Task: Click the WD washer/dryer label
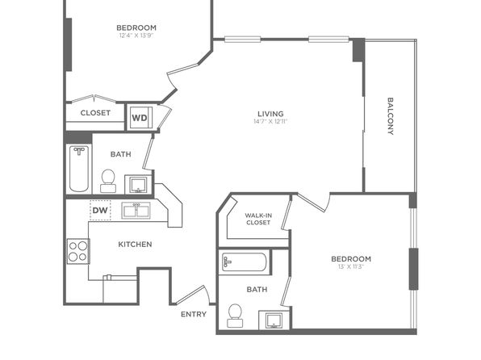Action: click(x=140, y=118)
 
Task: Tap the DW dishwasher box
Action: click(x=100, y=210)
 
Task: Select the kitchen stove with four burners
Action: click(x=78, y=251)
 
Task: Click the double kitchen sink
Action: click(x=136, y=211)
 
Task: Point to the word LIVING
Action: click(x=270, y=114)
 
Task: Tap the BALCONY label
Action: click(x=390, y=116)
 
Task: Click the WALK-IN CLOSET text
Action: click(x=258, y=219)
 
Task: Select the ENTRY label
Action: click(x=194, y=314)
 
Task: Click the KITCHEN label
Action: click(x=135, y=245)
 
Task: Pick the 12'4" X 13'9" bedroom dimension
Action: click(x=136, y=36)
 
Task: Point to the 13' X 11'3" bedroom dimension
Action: click(x=351, y=266)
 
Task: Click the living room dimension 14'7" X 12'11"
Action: click(x=270, y=121)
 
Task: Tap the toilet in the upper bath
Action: click(x=108, y=181)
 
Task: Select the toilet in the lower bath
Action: click(x=235, y=316)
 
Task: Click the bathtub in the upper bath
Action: click(x=79, y=169)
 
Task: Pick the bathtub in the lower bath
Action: click(x=245, y=262)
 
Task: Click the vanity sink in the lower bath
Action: click(x=274, y=320)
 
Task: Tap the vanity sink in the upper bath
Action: click(x=138, y=185)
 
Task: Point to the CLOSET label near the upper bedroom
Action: click(x=95, y=113)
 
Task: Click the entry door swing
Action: click(x=194, y=295)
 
